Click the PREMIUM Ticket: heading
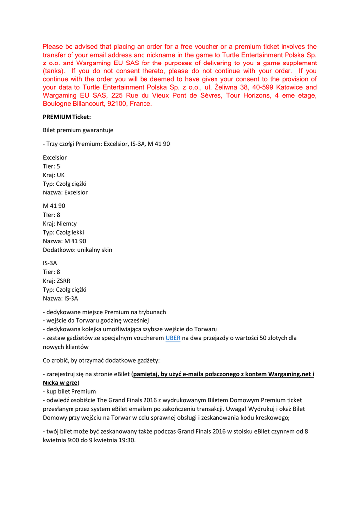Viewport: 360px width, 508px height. (67, 117)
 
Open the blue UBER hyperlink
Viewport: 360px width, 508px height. (173, 338)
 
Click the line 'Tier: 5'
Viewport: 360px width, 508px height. (51, 166)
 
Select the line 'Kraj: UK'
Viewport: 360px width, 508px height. (54, 175)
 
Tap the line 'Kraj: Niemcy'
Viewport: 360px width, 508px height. (60, 223)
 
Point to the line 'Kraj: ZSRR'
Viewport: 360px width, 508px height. (56, 281)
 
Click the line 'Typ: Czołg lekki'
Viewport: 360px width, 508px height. (64, 232)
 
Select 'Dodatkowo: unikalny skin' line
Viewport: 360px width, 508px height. (77, 250)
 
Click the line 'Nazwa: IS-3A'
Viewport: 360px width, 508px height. (60, 298)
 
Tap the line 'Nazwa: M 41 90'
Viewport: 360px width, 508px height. (65, 241)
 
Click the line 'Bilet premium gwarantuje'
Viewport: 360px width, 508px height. (78, 130)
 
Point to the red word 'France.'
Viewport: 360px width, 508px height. (140, 104)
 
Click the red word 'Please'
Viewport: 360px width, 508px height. (54, 47)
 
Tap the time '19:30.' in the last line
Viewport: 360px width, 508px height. (126, 440)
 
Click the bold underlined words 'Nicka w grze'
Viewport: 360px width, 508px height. (60, 383)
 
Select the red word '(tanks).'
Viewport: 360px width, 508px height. (54, 71)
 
